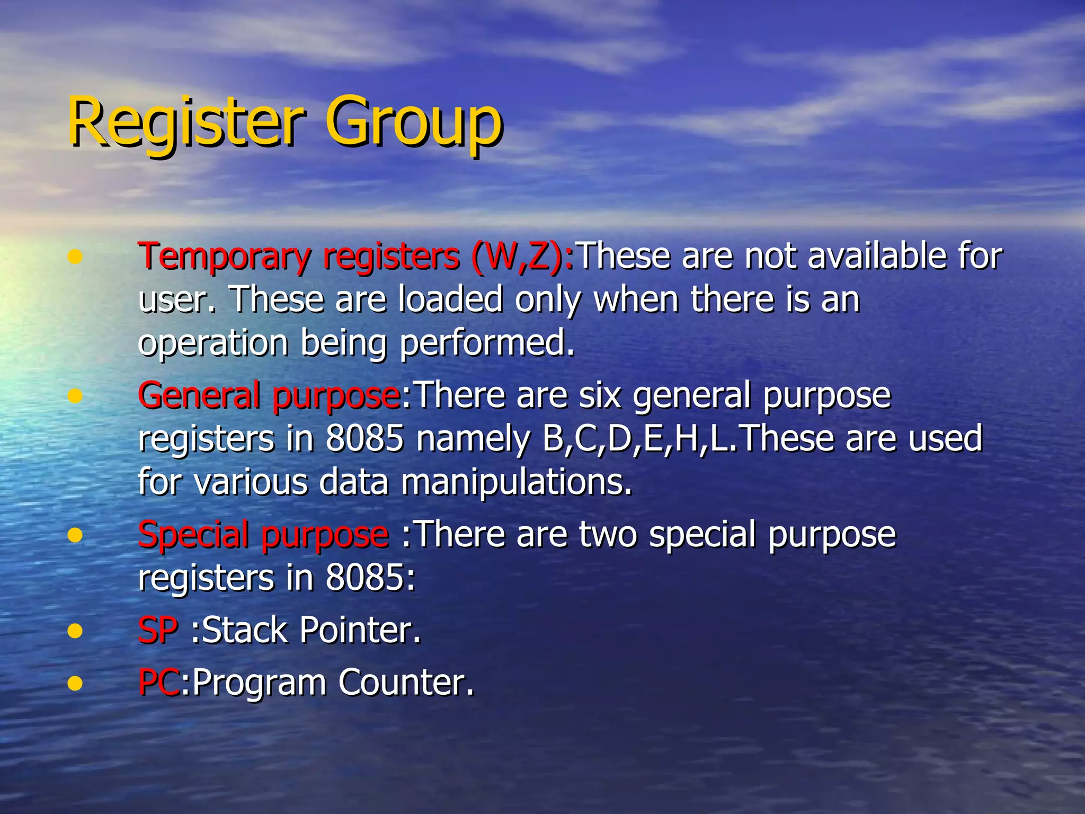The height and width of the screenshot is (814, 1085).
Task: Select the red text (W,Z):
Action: click(x=522, y=258)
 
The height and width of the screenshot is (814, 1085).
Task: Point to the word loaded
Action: click(x=450, y=300)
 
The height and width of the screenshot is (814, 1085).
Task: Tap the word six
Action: click(x=599, y=396)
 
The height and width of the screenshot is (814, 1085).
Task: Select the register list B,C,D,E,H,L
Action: click(x=636, y=439)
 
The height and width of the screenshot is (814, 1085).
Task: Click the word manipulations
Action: click(x=517, y=483)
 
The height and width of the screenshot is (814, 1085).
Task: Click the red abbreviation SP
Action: click(x=158, y=631)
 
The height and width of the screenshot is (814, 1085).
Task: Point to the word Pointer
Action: click(x=360, y=631)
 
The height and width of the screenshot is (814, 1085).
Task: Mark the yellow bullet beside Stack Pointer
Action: click(x=75, y=631)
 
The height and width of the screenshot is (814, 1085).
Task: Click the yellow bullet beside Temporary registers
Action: click(x=75, y=258)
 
